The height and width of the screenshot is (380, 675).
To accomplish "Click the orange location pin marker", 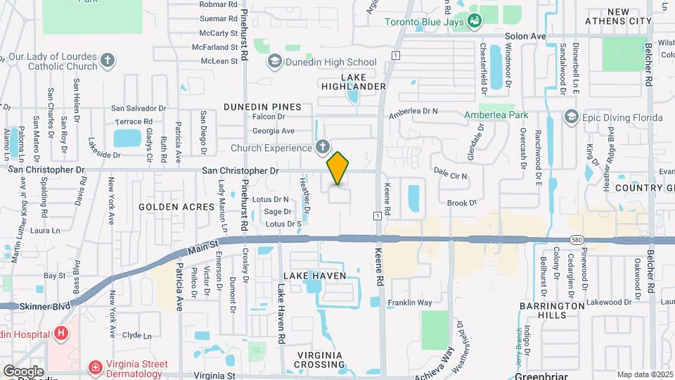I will click(x=338, y=168).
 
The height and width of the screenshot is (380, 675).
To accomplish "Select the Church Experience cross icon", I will click(x=323, y=148).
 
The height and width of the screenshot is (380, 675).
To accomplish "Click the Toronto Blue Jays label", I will click(x=425, y=21).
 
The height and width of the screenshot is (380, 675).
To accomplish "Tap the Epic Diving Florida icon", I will click(x=572, y=118).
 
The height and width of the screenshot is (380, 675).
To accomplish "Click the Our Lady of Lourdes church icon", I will click(x=108, y=61).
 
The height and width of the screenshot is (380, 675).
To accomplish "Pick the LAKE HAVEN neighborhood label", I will click(x=315, y=276).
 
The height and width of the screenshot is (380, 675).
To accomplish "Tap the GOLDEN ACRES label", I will click(x=176, y=207).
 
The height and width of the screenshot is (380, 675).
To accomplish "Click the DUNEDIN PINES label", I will click(x=262, y=107).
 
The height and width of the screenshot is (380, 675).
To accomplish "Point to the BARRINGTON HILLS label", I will click(x=552, y=310).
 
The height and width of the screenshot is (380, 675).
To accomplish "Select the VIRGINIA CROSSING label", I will click(x=319, y=360).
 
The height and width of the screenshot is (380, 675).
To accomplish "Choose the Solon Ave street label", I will click(x=525, y=36).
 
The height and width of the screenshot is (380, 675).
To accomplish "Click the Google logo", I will click(x=23, y=371).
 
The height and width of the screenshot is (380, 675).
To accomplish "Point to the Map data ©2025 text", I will click(x=643, y=374).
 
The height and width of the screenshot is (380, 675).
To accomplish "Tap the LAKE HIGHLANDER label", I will click(x=354, y=81).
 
